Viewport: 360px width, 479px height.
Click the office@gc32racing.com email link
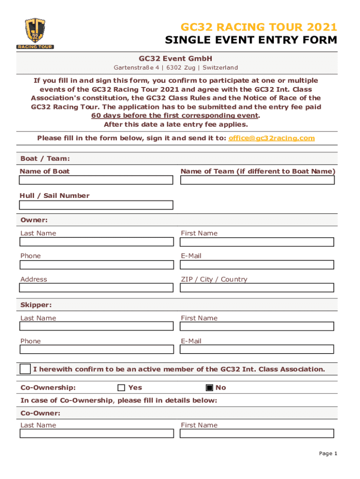coord(272,138)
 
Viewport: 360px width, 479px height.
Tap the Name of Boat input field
coord(96,180)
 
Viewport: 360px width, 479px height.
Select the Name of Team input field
coord(257,180)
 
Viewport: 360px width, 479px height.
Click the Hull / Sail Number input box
coord(96,205)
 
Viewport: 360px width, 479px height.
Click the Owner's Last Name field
coord(96,242)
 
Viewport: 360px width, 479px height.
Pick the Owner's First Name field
coord(257,242)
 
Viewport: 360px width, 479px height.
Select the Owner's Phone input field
coord(96,265)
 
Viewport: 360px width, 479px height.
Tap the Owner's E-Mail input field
coord(257,265)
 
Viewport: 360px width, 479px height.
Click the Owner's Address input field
coord(96,288)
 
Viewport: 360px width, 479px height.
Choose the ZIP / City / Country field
coord(257,288)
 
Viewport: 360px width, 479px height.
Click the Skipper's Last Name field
coord(96,327)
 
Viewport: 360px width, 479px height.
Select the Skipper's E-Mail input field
coord(257,349)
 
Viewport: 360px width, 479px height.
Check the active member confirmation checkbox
coord(25,369)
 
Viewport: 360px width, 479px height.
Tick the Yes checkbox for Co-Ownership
coord(122,388)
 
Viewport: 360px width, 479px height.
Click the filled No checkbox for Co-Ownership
coord(209,388)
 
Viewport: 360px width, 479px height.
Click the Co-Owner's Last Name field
coord(96,434)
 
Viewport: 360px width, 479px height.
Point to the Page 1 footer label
coord(328,453)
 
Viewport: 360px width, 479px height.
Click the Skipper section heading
coord(36,305)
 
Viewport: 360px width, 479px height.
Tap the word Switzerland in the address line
coord(220,67)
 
